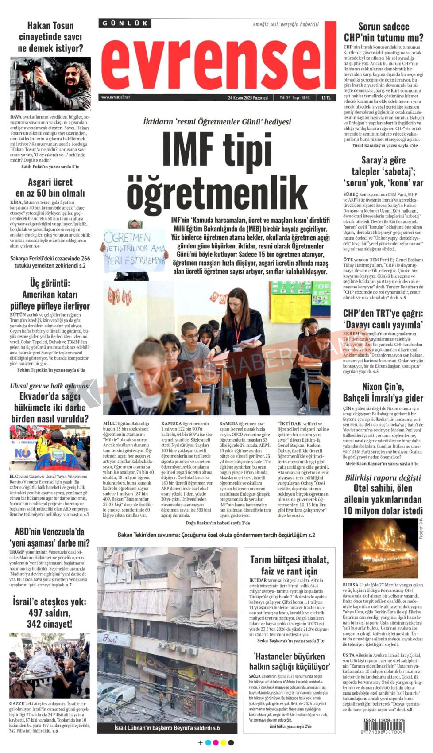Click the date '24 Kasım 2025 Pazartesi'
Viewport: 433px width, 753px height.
point(247,97)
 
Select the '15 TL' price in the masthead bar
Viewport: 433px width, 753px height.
point(326,97)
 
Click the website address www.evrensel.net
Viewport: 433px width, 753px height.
point(115,97)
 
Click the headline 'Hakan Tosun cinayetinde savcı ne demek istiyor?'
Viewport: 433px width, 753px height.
point(50,37)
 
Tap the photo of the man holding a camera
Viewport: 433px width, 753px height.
point(50,83)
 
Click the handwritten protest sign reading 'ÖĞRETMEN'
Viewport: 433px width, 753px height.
point(135,250)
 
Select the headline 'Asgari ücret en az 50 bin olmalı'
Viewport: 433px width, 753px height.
point(50,187)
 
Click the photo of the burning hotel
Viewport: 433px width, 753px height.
point(380,548)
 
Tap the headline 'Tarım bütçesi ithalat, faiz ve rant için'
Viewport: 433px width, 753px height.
point(289,565)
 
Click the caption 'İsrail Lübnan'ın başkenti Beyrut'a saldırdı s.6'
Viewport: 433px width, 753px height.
point(167,728)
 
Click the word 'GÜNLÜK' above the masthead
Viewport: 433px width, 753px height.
point(125,23)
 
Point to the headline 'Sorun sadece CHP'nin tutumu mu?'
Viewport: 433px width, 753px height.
point(383,32)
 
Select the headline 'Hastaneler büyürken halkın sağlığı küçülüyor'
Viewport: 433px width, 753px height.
point(289,661)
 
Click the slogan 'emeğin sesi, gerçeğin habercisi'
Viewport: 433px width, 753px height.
point(286,24)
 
